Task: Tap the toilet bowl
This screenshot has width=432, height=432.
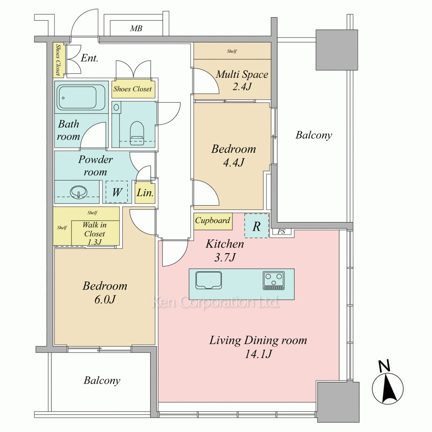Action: (137, 133)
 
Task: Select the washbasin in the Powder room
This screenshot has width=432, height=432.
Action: (78, 191)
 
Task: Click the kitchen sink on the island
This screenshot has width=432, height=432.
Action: (209, 280)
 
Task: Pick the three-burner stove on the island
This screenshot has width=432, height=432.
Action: (273, 280)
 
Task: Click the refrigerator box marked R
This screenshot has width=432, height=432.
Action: (257, 226)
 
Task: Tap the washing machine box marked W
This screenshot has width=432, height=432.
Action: (117, 192)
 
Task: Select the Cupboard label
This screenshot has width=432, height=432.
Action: (213, 220)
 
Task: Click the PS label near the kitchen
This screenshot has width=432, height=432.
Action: (281, 232)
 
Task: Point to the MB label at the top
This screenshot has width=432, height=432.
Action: (136, 29)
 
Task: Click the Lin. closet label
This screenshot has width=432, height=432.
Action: (145, 193)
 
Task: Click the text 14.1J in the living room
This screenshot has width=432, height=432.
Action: (258, 353)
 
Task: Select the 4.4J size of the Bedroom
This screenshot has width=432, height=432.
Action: (234, 162)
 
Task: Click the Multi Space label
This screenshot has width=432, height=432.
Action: (242, 74)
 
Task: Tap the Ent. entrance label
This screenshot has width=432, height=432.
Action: (89, 58)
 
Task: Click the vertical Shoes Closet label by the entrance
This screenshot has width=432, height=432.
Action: (58, 60)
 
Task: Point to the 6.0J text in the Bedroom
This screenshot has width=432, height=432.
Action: (105, 299)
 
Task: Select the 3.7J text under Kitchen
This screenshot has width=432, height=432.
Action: (225, 257)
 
